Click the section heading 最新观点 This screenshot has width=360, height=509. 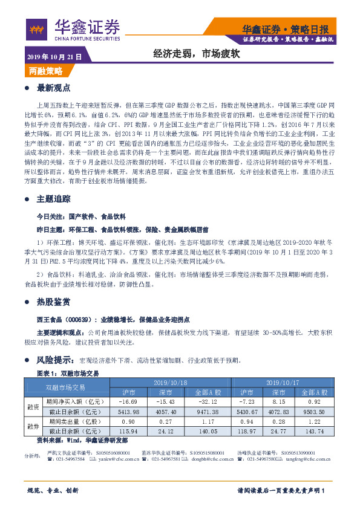tap(54, 88)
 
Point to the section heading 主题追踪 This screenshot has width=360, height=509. tap(54, 198)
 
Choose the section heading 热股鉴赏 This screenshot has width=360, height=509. tap(54, 302)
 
